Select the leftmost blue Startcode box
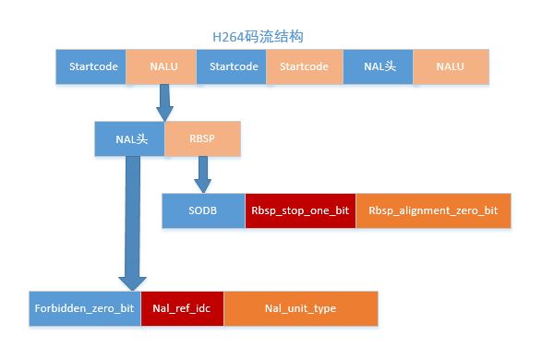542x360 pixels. (90, 66)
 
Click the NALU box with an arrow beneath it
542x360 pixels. (161, 66)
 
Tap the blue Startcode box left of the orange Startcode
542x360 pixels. (232, 66)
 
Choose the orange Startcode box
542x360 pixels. (304, 66)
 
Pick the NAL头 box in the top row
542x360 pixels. (378, 66)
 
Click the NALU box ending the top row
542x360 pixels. (450, 66)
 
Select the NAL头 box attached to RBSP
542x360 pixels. (128, 138)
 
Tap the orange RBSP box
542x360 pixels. (201, 138)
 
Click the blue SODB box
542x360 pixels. (203, 210)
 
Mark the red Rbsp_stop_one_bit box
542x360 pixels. (300, 210)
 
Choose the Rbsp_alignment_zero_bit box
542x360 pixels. (432, 210)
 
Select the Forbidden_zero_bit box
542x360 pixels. (84, 308)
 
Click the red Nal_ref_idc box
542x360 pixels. (182, 308)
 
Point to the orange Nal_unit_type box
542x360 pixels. (300, 308)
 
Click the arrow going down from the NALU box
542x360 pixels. (164, 100)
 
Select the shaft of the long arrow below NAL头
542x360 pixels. (132, 212)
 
